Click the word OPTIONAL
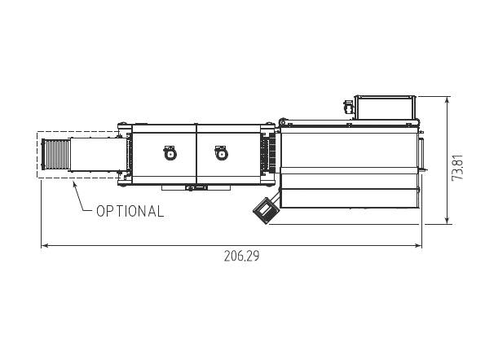(x=130, y=212)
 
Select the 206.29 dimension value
(x=242, y=257)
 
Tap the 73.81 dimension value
(x=457, y=168)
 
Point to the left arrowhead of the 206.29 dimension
(x=45, y=246)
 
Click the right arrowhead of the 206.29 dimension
(x=418, y=246)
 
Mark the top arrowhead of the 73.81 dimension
(x=447, y=100)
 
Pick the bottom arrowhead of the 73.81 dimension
(x=447, y=220)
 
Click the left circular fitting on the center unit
(x=170, y=153)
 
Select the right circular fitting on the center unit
(x=221, y=153)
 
